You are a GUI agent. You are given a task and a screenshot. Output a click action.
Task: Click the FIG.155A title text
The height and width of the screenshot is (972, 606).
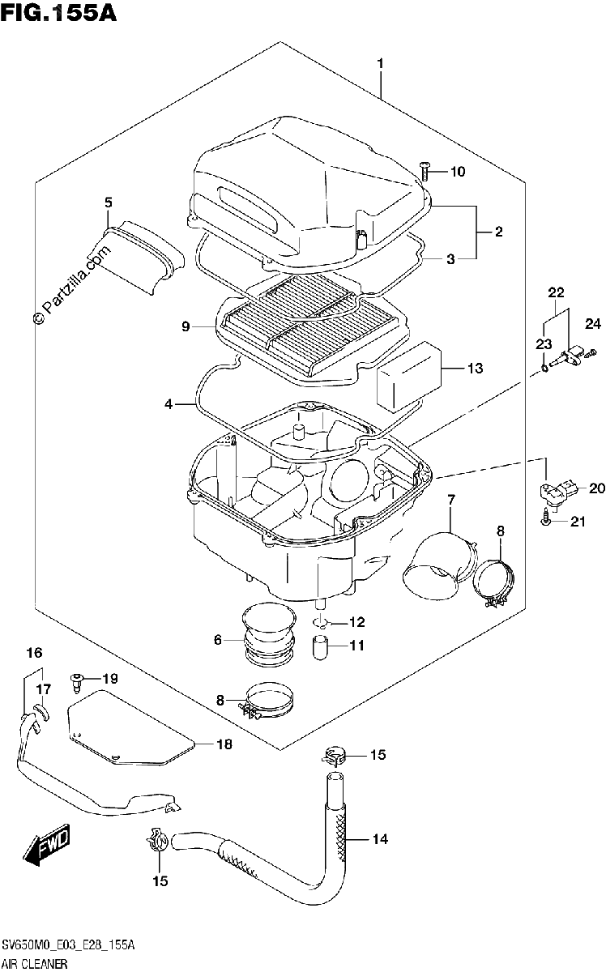pos(58,12)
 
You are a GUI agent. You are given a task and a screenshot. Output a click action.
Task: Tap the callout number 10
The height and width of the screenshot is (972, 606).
pos(458,172)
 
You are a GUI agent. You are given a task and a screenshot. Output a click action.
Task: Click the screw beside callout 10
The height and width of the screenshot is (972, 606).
pos(424,172)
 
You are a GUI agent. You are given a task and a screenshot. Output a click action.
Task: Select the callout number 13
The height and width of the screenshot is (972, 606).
pos(476,368)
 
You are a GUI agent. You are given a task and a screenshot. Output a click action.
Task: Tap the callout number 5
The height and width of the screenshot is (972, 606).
pos(108,202)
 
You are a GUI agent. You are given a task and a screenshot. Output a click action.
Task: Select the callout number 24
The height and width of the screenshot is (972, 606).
pos(593,324)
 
